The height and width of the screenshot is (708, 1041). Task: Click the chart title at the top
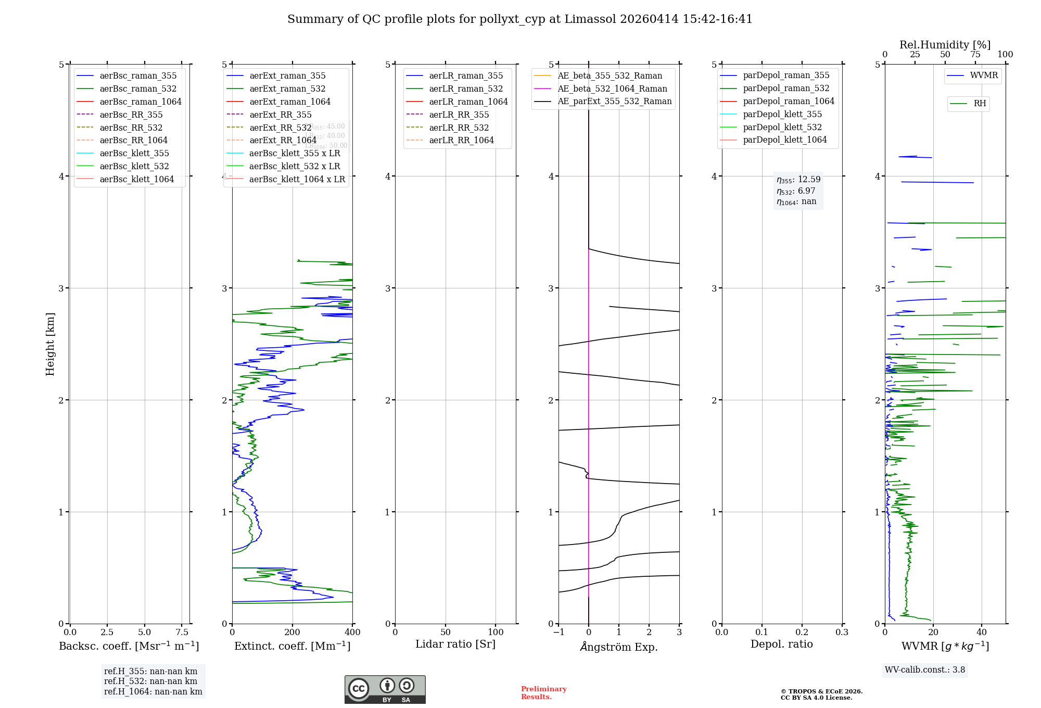click(x=519, y=19)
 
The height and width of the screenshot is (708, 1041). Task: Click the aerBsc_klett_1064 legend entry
click(x=136, y=179)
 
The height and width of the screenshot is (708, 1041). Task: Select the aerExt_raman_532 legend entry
click(x=287, y=88)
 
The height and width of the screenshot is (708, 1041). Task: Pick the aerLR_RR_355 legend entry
click(x=459, y=115)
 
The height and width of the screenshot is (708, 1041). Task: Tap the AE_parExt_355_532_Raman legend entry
click(x=614, y=101)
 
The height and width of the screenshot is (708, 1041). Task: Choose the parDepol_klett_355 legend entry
click(x=782, y=114)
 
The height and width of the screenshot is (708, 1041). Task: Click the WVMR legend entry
click(x=983, y=75)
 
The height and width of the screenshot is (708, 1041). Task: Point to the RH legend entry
click(x=979, y=104)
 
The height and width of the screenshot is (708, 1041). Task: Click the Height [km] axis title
click(x=50, y=344)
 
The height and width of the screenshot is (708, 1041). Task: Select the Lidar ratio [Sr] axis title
click(x=455, y=644)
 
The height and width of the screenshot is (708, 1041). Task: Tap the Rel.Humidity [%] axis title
click(x=945, y=45)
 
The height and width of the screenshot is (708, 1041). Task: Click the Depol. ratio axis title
click(x=781, y=644)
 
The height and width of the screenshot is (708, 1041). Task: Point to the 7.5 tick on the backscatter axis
click(x=182, y=632)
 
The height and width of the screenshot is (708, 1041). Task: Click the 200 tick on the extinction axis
click(x=293, y=632)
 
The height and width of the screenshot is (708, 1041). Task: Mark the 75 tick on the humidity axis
click(x=975, y=55)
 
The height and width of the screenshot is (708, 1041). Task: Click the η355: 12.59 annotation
click(x=798, y=180)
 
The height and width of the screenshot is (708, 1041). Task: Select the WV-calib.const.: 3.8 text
click(x=925, y=669)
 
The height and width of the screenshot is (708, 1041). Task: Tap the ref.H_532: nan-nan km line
click(x=150, y=681)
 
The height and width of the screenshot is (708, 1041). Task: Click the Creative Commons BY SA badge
click(x=385, y=689)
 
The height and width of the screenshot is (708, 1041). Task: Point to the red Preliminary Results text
click(x=543, y=692)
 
